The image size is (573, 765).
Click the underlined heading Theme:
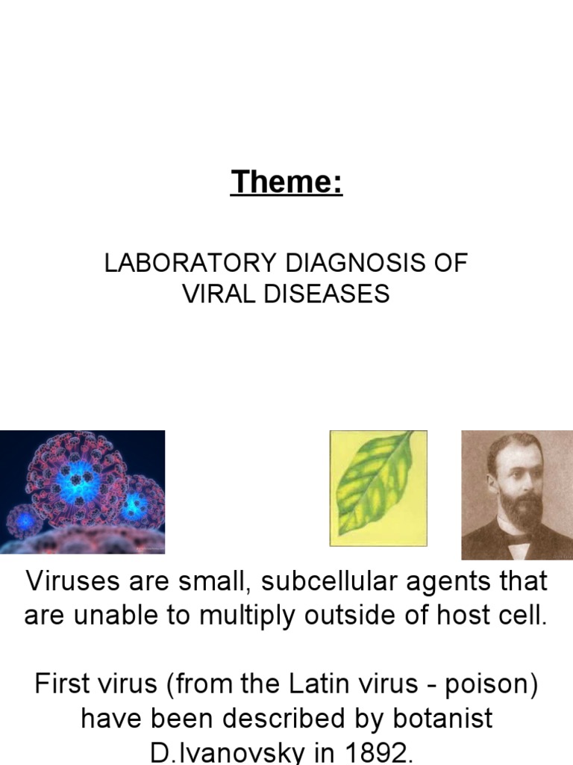[286, 182]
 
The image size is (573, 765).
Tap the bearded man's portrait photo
[516, 495]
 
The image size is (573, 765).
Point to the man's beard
[520, 515]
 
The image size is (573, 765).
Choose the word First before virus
[64, 684]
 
